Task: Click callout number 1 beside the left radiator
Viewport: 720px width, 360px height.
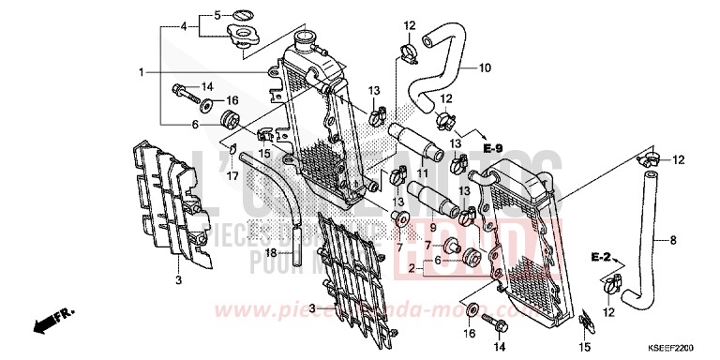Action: pos(142,71)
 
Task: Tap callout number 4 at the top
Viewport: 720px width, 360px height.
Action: pos(184,26)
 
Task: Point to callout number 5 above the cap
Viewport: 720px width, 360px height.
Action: pos(217,15)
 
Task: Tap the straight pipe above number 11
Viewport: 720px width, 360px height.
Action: pos(417,140)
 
